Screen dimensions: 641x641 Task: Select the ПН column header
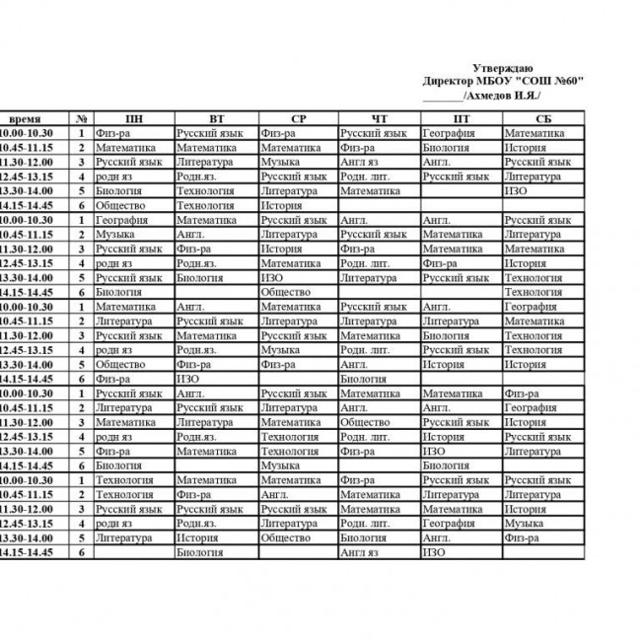pyautogui.click(x=133, y=118)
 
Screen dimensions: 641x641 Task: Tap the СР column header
pyautogui.click(x=299, y=118)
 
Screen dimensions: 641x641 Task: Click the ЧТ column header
pyautogui.click(x=380, y=118)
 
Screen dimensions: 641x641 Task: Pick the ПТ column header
pyautogui.click(x=462, y=118)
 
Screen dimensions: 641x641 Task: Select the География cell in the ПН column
pyautogui.click(x=121, y=220)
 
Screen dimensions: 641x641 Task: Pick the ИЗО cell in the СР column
pyautogui.click(x=272, y=278)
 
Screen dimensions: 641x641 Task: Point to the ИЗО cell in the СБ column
pyautogui.click(x=515, y=190)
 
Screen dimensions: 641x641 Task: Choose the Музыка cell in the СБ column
pyautogui.click(x=524, y=524)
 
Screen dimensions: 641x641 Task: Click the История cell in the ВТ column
pyautogui.click(x=197, y=538)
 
